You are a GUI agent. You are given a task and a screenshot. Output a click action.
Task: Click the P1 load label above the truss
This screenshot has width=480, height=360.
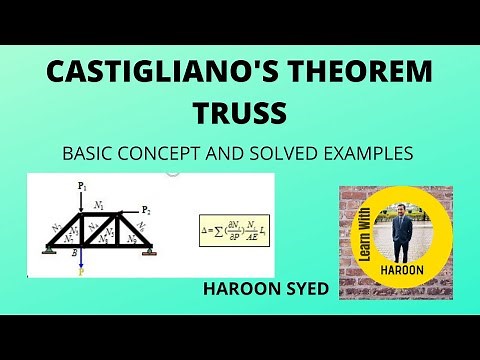(82, 187)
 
